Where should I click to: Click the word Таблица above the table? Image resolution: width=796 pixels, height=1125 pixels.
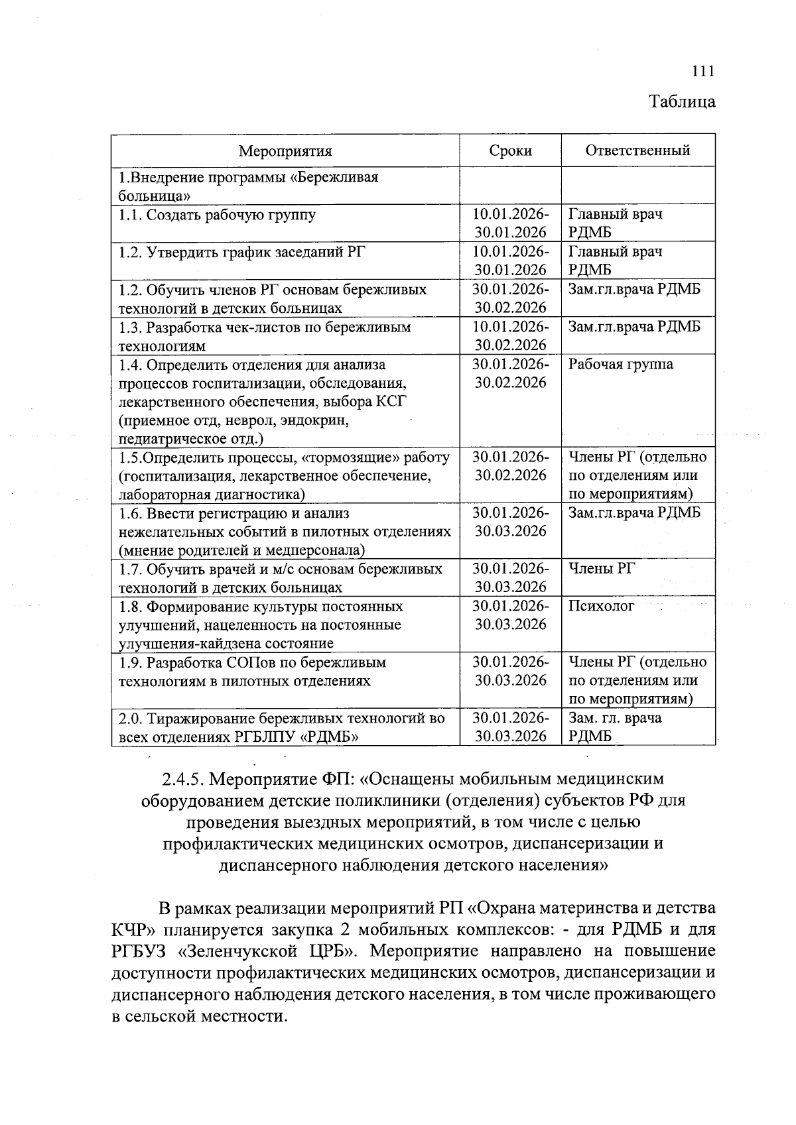(x=682, y=101)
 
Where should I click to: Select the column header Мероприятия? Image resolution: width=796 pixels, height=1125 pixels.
(x=285, y=150)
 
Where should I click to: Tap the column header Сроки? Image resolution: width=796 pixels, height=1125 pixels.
(x=510, y=150)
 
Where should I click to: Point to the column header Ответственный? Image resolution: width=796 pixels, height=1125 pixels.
(x=637, y=150)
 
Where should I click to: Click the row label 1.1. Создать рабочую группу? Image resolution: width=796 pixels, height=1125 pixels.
(x=217, y=215)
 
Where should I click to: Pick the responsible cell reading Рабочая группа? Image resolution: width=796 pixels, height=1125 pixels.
(x=620, y=365)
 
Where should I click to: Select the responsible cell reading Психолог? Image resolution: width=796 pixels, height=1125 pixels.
(x=601, y=606)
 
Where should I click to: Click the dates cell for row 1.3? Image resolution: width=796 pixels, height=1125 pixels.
(x=510, y=336)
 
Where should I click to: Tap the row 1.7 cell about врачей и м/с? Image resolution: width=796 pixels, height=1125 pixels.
(x=280, y=578)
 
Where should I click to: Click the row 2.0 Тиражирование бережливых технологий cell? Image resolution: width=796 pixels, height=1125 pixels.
(x=281, y=727)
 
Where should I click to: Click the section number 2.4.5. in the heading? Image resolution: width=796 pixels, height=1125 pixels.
(x=183, y=778)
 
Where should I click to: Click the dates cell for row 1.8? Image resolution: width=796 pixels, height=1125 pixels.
(x=510, y=615)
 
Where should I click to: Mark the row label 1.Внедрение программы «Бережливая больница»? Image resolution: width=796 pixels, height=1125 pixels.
(x=248, y=186)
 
